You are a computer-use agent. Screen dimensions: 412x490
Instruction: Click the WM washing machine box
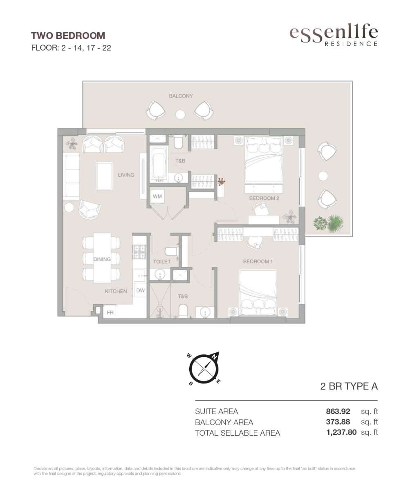click(157, 196)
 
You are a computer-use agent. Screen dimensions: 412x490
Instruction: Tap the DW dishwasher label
click(141, 290)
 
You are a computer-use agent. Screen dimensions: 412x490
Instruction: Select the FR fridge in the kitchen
click(110, 312)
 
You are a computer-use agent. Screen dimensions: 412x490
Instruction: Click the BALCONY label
click(181, 96)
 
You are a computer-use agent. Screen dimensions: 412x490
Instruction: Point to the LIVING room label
click(126, 175)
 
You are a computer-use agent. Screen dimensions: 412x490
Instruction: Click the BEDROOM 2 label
click(264, 198)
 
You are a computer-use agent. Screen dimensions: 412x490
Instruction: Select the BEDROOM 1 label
click(257, 261)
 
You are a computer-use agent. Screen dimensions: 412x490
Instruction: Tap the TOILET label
click(162, 261)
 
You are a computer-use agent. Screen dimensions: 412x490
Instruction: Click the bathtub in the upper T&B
click(158, 164)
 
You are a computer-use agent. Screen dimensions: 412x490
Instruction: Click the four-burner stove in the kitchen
click(139, 252)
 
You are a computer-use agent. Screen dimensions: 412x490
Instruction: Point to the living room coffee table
click(104, 176)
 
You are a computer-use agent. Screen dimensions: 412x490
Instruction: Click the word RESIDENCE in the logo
click(351, 44)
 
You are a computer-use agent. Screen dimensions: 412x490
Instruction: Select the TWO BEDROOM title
click(68, 36)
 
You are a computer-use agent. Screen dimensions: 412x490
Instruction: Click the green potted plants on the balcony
click(328, 223)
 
